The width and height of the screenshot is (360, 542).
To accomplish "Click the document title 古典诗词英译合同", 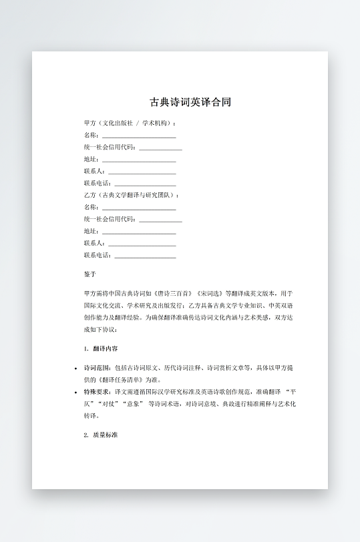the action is pos(190,102).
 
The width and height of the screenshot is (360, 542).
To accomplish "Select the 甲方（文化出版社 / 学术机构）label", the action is pos(130,123).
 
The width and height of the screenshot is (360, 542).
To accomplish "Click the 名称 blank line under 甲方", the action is pos(139,135).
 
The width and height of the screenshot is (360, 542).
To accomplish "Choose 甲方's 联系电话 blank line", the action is pos(146,184).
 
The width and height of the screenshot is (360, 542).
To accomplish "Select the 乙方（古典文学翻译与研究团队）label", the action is pos(131,196).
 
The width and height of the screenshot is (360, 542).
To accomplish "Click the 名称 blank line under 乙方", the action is pos(139,208).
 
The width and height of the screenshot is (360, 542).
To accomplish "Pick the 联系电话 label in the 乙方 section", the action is pos(98,255).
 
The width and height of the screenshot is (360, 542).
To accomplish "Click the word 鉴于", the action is pos(90,274).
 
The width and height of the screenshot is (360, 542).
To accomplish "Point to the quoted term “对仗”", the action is pos(112,404).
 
